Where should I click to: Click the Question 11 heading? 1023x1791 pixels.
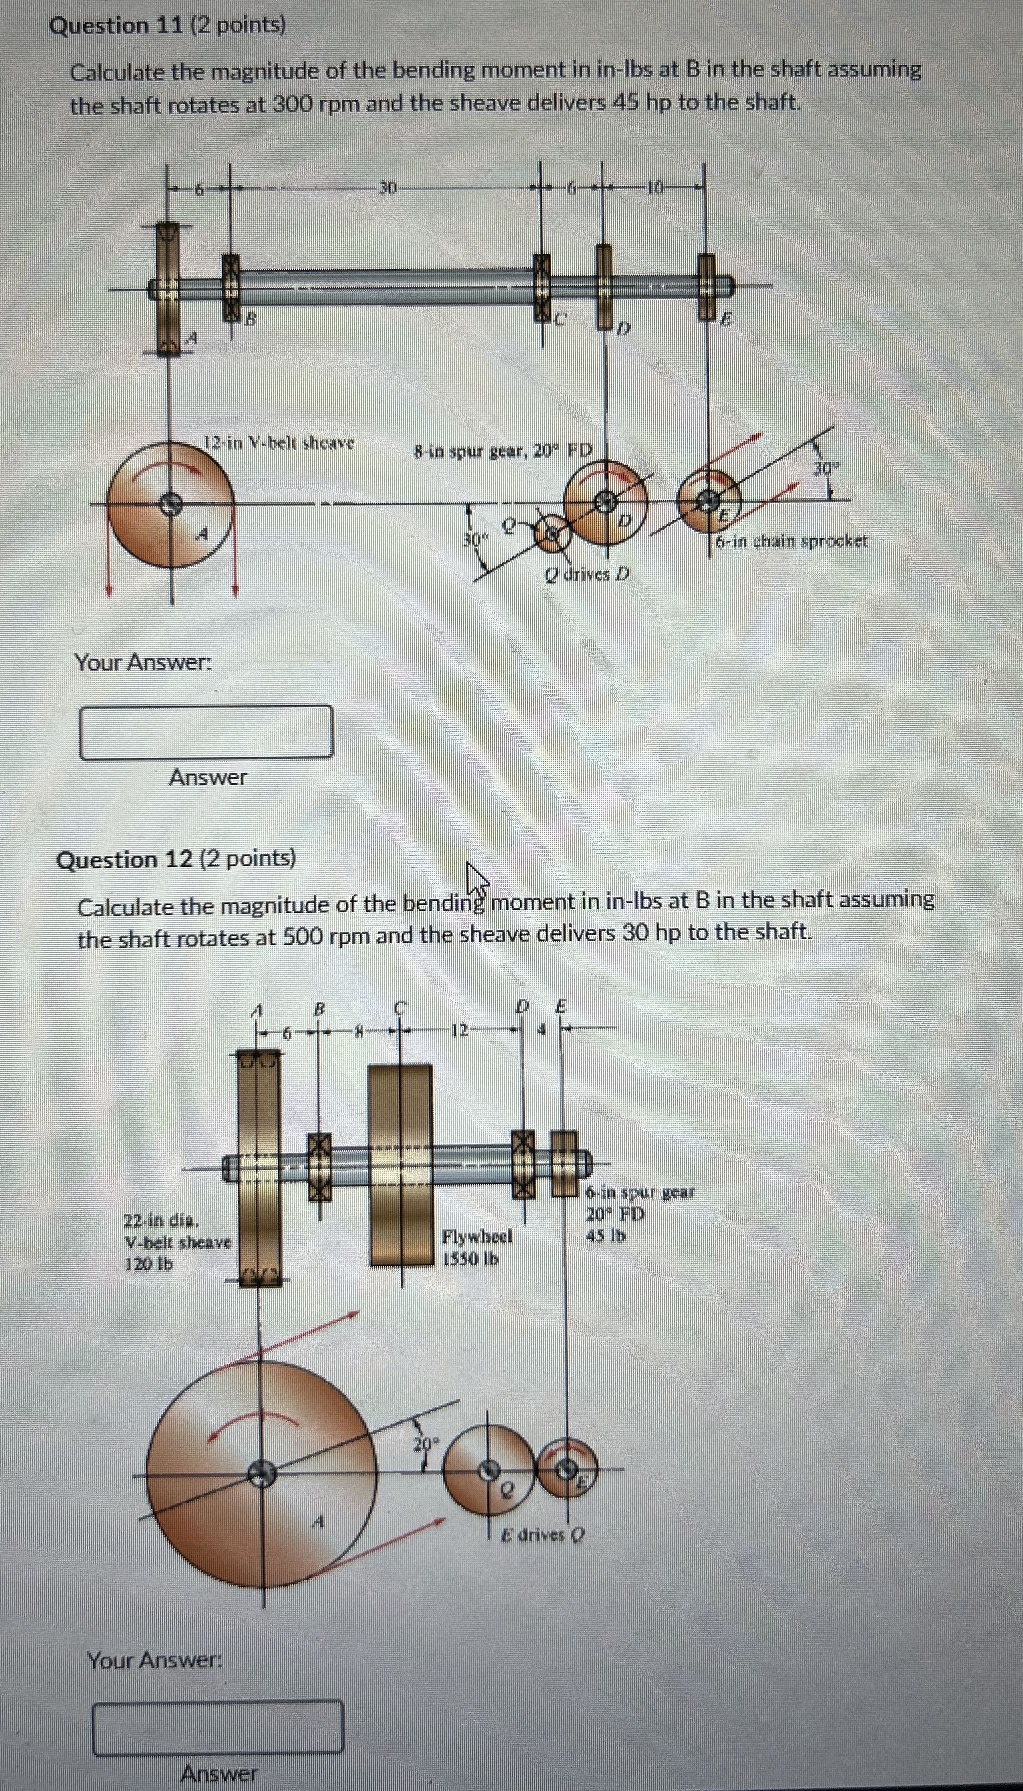click(x=167, y=26)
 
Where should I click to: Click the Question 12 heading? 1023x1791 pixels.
click(x=175, y=859)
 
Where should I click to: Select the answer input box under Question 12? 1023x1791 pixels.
click(x=218, y=1727)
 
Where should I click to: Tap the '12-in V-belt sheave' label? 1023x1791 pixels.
click(x=279, y=443)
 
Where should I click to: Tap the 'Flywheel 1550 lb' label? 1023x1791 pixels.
click(x=477, y=1247)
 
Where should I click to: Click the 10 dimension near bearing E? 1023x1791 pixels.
click(x=655, y=188)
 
